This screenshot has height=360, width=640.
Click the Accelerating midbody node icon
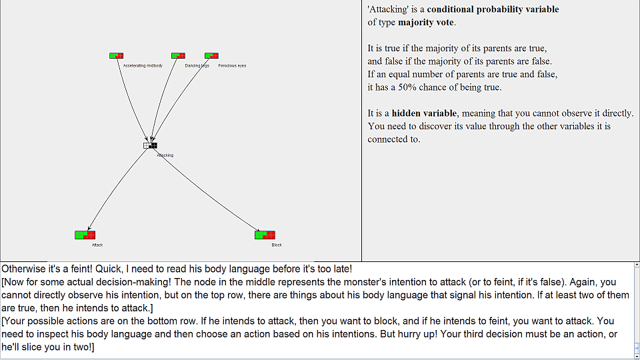(116, 56)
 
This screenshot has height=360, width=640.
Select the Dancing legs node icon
(178, 56)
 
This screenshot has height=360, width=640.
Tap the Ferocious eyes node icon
(211, 56)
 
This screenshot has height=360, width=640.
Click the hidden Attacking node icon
(150, 145)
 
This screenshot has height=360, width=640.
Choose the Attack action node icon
(85, 235)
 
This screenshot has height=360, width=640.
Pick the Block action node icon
(265, 235)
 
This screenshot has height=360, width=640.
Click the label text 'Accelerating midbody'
(143, 66)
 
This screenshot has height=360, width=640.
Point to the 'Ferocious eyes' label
(232, 66)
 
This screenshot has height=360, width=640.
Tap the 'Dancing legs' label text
(197, 66)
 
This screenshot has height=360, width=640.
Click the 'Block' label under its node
(277, 245)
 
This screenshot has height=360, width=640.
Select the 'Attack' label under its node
(97, 245)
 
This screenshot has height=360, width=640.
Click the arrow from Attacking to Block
(207, 191)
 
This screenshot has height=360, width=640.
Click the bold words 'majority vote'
(426, 22)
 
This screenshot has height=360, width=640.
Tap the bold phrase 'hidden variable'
(423, 113)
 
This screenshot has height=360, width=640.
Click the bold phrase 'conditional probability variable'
(493, 9)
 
